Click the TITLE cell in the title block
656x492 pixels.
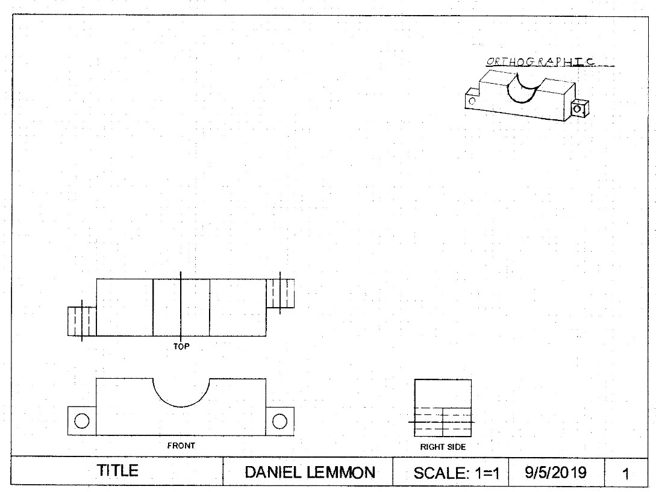pos(118,471)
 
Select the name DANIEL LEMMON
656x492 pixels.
pos(309,473)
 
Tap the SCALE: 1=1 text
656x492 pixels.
pos(457,473)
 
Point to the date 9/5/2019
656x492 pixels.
pos(555,472)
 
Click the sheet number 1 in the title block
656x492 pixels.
pos(626,474)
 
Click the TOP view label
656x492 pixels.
pos(181,347)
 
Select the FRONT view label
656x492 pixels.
pos(181,446)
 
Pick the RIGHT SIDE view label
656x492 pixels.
pos(443,447)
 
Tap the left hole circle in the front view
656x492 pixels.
pos(82,421)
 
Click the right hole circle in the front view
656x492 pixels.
pos(280,421)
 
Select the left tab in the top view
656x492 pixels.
pos(82,322)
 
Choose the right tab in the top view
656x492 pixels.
pos(280,294)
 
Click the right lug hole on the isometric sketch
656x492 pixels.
pos(578,109)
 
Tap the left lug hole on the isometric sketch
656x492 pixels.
pos(472,101)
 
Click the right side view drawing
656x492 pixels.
pos(443,408)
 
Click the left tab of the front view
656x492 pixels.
pos(82,421)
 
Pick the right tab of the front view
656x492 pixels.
pos(280,421)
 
